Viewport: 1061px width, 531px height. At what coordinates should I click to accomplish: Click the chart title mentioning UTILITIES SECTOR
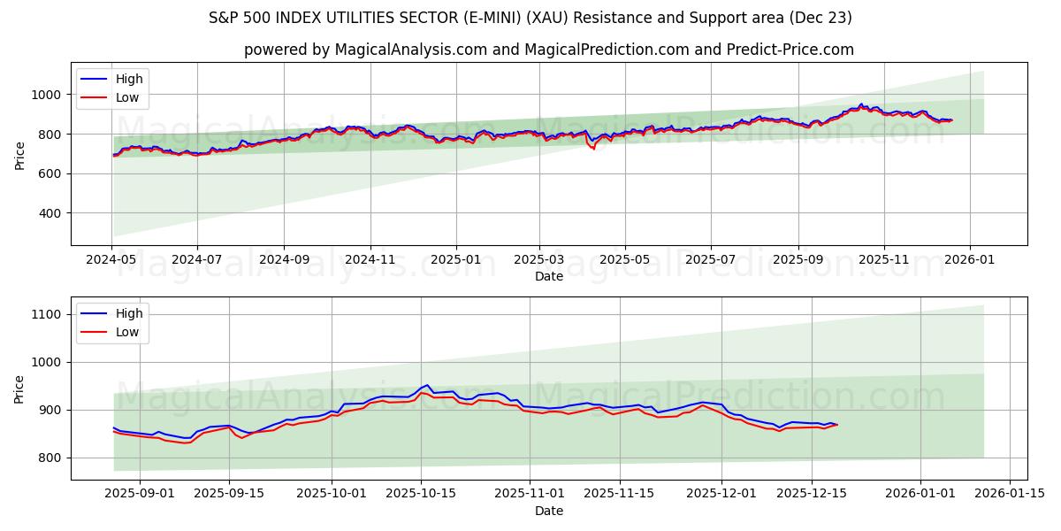click(530, 18)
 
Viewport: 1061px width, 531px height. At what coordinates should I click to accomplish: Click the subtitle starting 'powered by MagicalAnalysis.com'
click(548, 50)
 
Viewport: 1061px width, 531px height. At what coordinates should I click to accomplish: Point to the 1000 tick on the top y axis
click(48, 95)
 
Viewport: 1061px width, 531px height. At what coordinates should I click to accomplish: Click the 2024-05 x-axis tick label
click(111, 261)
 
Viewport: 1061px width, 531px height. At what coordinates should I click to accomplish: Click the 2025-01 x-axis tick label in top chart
click(455, 261)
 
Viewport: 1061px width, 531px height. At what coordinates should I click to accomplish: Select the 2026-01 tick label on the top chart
click(970, 261)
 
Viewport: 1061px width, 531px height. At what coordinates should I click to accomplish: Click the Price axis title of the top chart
click(20, 155)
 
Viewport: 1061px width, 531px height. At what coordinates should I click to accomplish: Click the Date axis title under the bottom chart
click(548, 512)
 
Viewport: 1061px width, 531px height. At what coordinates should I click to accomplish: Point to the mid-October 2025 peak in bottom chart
click(427, 385)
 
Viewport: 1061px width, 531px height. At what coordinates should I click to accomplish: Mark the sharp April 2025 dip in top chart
click(592, 149)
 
